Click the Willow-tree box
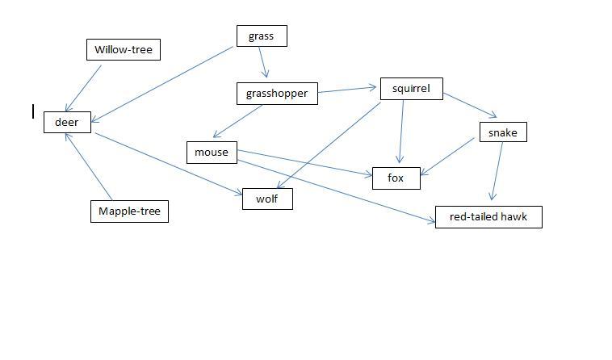pyautogui.click(x=123, y=49)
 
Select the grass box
pyautogui.click(x=261, y=36)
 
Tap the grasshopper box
pyautogui.click(x=277, y=93)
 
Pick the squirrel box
pyautogui.click(x=411, y=89)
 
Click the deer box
pyautogui.click(x=66, y=122)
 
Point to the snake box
pyautogui.click(x=502, y=132)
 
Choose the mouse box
pyautogui.click(x=212, y=152)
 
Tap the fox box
pyautogui.click(x=396, y=178)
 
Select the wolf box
pyautogui.click(x=267, y=199)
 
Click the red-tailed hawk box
pyautogui.click(x=488, y=216)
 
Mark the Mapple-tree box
pyautogui.click(x=129, y=211)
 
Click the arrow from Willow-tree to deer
pyautogui.click(x=84, y=87)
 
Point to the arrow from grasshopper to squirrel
pyautogui.click(x=348, y=90)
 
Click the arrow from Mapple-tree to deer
pyautogui.click(x=89, y=165)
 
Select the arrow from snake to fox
pyautogui.click(x=446, y=156)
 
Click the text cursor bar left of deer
pyautogui.click(x=33, y=111)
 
